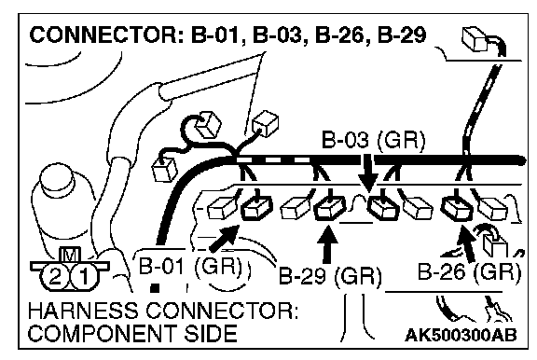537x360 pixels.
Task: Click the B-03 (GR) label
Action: click(373, 140)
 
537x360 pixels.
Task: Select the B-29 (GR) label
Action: click(330, 274)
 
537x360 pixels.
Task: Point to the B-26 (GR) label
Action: click(469, 271)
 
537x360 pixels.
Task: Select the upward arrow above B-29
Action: click(327, 243)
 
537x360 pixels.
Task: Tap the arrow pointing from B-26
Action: click(467, 242)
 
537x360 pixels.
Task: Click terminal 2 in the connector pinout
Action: click(55, 276)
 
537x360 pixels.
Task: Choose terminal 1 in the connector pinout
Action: click(84, 276)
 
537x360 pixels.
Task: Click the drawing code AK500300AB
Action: click(461, 335)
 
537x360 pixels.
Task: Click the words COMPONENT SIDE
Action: click(132, 333)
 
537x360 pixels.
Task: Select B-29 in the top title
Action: click(402, 35)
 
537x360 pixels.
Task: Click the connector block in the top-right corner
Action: click(475, 39)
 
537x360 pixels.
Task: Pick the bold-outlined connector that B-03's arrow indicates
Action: click(383, 207)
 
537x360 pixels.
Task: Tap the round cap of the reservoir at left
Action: click(56, 179)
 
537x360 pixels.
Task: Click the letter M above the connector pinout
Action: click(70, 255)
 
